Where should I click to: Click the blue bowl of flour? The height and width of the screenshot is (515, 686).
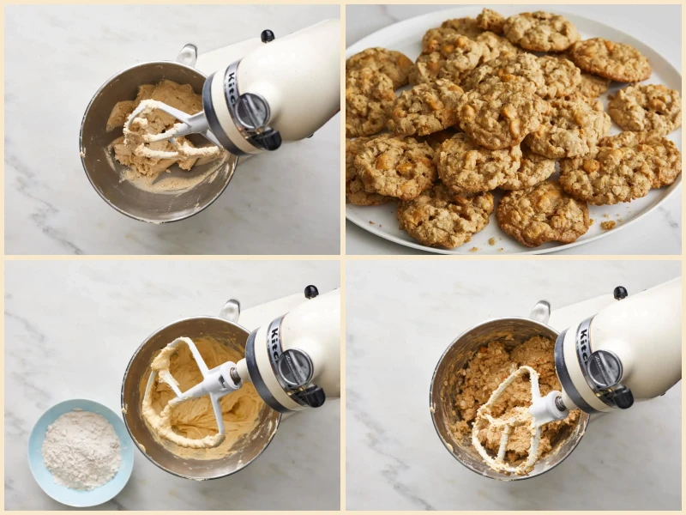pos(81,451)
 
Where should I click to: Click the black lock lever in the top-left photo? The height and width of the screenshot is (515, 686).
pos(266,138)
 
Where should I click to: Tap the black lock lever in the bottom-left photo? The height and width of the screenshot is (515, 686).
pos(308,396)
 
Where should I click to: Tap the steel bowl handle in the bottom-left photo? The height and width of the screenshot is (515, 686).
pos(230,308)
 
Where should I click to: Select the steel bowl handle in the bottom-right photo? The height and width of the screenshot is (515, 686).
pos(539,310)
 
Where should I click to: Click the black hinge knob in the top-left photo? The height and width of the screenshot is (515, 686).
pos(268,36)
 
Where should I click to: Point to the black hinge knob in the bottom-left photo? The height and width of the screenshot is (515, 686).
pos(310,292)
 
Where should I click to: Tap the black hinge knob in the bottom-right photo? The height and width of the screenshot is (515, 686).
pos(619,293)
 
